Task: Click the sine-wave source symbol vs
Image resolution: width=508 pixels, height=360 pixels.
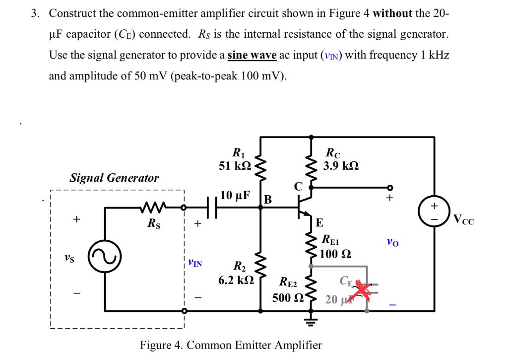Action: point(103,259)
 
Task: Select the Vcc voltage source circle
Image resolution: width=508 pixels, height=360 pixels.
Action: point(435,211)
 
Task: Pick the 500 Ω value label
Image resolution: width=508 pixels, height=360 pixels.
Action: point(287,298)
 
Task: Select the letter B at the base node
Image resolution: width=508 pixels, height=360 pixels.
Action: point(268,200)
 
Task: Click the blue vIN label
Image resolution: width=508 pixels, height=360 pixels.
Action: point(195,262)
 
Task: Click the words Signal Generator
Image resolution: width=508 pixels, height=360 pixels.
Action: point(115,178)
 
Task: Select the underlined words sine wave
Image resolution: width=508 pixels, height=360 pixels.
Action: point(252,56)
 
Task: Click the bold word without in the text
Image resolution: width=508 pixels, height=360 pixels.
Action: point(392,13)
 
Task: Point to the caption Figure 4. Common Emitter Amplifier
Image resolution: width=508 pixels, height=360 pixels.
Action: point(231,345)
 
